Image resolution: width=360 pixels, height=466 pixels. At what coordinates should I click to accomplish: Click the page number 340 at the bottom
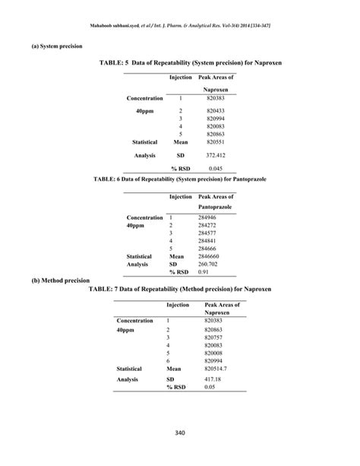(x=179, y=433)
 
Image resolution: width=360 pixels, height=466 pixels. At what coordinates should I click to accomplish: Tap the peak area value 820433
(x=216, y=110)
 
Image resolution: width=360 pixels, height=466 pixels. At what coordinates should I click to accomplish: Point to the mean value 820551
(x=216, y=141)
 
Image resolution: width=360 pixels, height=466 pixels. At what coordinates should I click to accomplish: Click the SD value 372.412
(x=216, y=154)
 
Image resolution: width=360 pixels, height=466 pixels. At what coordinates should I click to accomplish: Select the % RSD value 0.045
(x=216, y=167)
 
